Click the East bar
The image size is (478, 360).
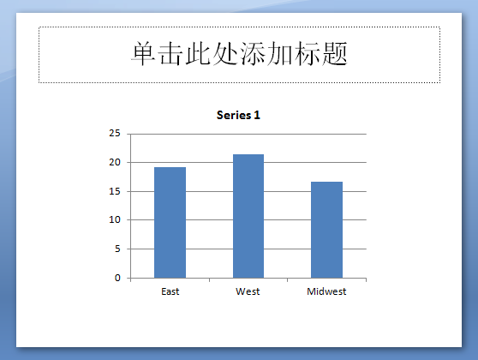click(x=170, y=222)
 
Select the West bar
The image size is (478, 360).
click(x=248, y=216)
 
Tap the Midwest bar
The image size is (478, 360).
click(x=326, y=230)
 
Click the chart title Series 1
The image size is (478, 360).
click(x=238, y=115)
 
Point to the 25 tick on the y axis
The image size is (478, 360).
click(x=115, y=133)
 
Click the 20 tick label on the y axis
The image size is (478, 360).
click(x=115, y=162)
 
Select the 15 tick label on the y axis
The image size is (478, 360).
click(x=115, y=191)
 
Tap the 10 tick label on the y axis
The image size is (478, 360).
click(x=115, y=219)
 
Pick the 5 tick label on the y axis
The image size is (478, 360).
click(x=117, y=249)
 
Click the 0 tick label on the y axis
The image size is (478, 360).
click(x=117, y=278)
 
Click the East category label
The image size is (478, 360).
click(x=170, y=291)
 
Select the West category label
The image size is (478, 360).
click(x=248, y=291)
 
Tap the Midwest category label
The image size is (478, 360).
click(x=326, y=291)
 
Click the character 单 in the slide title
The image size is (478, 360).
click(x=143, y=54)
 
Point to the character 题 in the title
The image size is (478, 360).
click(x=335, y=54)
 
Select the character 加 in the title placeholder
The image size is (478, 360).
click(x=280, y=54)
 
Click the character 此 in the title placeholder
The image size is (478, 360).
click(x=198, y=54)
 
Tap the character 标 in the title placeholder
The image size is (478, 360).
click(x=308, y=54)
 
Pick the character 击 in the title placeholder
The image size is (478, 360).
click(x=170, y=54)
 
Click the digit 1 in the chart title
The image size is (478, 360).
click(x=257, y=115)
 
